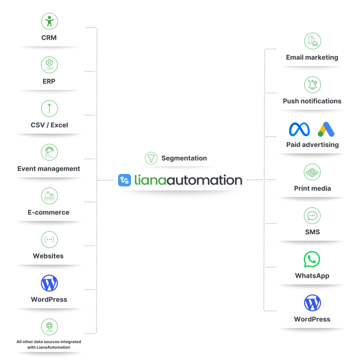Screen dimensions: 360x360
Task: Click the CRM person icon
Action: point(49,21)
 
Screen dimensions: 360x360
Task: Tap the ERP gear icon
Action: point(49,65)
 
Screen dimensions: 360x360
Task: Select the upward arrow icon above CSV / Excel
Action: point(49,108)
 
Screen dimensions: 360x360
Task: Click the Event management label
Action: point(49,169)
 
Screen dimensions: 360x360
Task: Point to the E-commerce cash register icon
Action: point(49,196)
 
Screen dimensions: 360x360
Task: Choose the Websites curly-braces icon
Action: point(49,239)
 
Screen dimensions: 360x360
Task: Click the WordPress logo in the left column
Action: point(49,283)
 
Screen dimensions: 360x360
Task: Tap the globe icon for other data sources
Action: point(49,327)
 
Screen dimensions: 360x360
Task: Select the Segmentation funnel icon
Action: point(151,158)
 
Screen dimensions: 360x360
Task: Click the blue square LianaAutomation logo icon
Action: point(124,180)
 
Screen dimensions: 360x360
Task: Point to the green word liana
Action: point(150,180)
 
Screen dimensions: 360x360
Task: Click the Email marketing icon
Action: point(313,41)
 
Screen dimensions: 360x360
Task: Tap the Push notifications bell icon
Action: point(313,84)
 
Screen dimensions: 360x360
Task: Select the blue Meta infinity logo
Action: point(299,129)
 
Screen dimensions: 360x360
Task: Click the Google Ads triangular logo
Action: point(326,129)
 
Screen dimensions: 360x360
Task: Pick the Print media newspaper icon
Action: point(312,172)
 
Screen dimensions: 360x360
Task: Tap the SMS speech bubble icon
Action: point(312,215)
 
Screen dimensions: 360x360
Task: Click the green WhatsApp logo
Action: point(312,259)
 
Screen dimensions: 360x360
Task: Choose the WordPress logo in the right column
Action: point(313,303)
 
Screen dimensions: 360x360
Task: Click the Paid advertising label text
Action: point(313,145)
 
